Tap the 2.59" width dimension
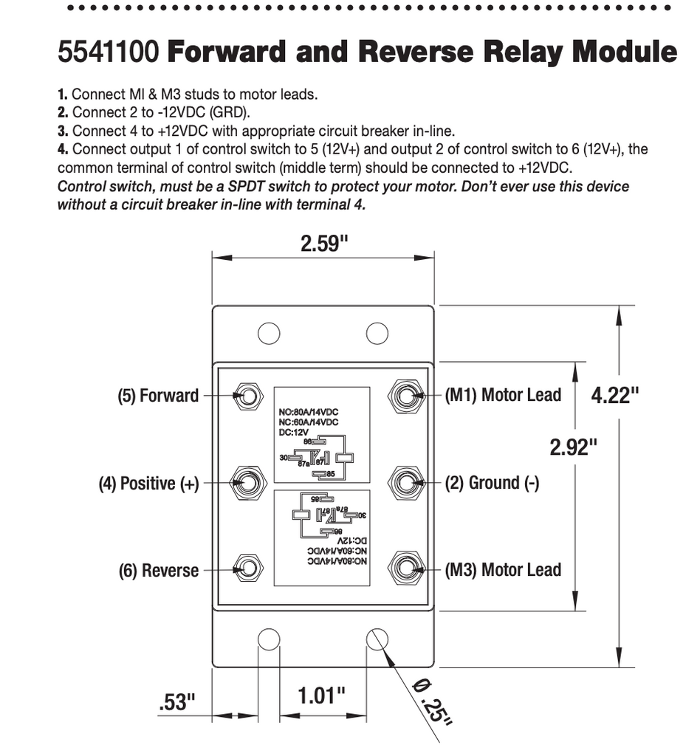(323, 244)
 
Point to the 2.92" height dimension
(573, 447)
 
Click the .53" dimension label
(177, 701)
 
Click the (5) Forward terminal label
(158, 396)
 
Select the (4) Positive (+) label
(149, 484)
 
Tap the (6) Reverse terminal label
(159, 571)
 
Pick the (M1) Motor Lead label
(503, 395)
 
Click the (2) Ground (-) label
(492, 483)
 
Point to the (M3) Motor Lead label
(503, 570)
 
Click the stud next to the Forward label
(247, 396)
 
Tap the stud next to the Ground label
(405, 483)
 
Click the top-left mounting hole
(269, 333)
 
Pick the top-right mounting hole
(377, 333)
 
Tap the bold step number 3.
(63, 131)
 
